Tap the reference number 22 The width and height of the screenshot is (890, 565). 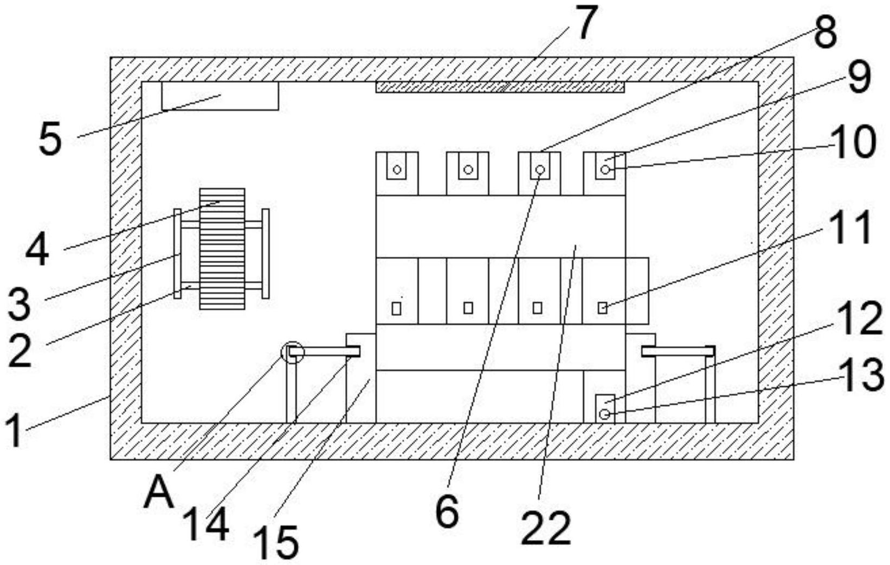pyautogui.click(x=546, y=528)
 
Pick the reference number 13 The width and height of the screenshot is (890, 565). pyautogui.click(x=862, y=375)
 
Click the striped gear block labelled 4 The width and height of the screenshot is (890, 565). pyautogui.click(x=222, y=249)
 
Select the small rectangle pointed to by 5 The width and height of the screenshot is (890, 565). pyautogui.click(x=220, y=96)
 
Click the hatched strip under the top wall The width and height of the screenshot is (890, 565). pyautogui.click(x=500, y=87)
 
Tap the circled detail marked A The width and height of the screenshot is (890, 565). pyautogui.click(x=293, y=353)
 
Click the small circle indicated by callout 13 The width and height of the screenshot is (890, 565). pyautogui.click(x=604, y=414)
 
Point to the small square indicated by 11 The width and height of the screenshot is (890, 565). pyautogui.click(x=602, y=308)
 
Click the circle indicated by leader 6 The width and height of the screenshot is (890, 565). pyautogui.click(x=540, y=170)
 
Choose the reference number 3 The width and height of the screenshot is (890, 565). pyautogui.click(x=20, y=304)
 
